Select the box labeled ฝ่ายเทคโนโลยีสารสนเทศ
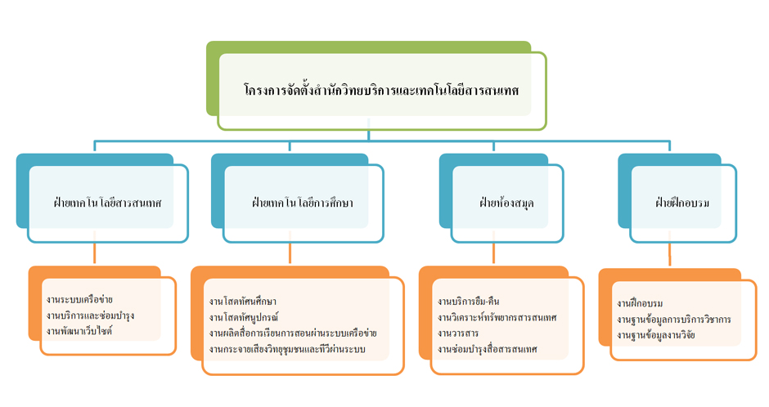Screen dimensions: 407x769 (108, 201)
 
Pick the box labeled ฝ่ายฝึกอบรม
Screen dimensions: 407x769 (681, 201)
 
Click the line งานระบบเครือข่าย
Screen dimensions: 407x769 (79, 300)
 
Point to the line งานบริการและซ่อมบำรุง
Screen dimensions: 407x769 (91, 315)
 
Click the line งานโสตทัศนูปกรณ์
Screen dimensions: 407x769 (244, 317)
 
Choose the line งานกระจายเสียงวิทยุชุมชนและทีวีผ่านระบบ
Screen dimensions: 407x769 (287, 349)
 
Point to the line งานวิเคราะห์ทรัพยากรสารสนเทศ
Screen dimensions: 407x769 (497, 317)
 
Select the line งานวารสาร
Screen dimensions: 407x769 (458, 333)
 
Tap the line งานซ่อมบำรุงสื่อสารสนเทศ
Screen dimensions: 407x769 (488, 349)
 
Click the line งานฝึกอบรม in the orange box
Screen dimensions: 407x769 (641, 303)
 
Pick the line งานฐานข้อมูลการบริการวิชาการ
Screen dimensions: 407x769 (674, 319)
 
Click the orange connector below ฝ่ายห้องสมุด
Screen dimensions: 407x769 (494, 254)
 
